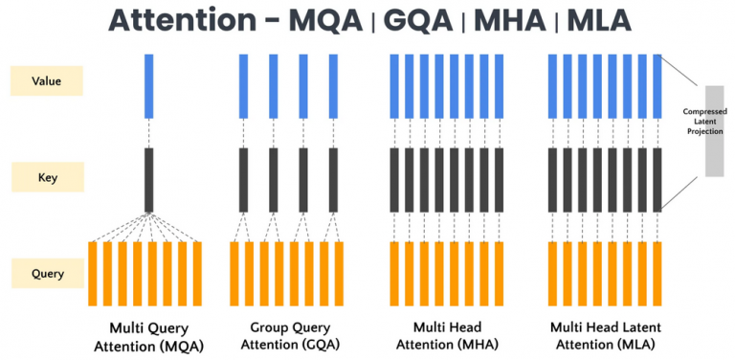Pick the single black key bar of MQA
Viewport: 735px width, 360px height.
tap(148, 179)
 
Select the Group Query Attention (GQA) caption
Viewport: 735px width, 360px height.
tap(284, 335)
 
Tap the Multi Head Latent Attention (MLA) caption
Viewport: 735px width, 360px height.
tap(603, 335)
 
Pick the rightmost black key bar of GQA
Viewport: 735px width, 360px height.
tap(333, 179)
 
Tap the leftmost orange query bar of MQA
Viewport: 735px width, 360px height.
tap(93, 274)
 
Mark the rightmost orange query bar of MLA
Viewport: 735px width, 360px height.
tap(657, 274)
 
